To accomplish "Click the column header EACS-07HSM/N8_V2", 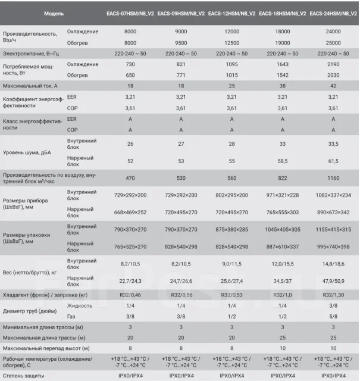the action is pyautogui.click(x=130, y=14).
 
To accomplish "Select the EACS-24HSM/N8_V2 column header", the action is pyautogui.click(x=333, y=14).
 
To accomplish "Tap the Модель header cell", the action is pyautogui.click(x=54, y=14).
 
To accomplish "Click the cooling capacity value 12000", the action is pyautogui.click(x=231, y=32).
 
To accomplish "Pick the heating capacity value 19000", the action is pyautogui.click(x=283, y=43).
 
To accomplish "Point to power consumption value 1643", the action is pyautogui.click(x=283, y=64).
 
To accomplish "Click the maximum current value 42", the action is pyautogui.click(x=333, y=86).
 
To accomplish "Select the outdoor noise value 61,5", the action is pyautogui.click(x=333, y=161).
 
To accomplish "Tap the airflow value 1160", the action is pyautogui.click(x=333, y=178).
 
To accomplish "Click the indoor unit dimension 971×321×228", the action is pyautogui.click(x=283, y=195).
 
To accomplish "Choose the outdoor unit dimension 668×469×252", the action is pyautogui.click(x=130, y=213).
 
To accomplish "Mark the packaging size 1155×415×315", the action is pyautogui.click(x=333, y=229).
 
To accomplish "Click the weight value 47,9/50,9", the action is pyautogui.click(x=333, y=281).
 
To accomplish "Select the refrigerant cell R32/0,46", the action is pyautogui.click(x=130, y=295).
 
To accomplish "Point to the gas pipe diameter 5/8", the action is pyautogui.click(x=333, y=316).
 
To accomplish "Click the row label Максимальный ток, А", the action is pyautogui.click(x=30, y=86).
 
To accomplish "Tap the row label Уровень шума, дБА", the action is pyautogui.click(x=27, y=152).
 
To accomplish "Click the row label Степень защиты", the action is pyautogui.click(x=24, y=376).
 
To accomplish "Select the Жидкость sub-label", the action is pyautogui.click(x=80, y=305).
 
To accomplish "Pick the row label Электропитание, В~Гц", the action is pyautogui.click(x=31, y=54).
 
